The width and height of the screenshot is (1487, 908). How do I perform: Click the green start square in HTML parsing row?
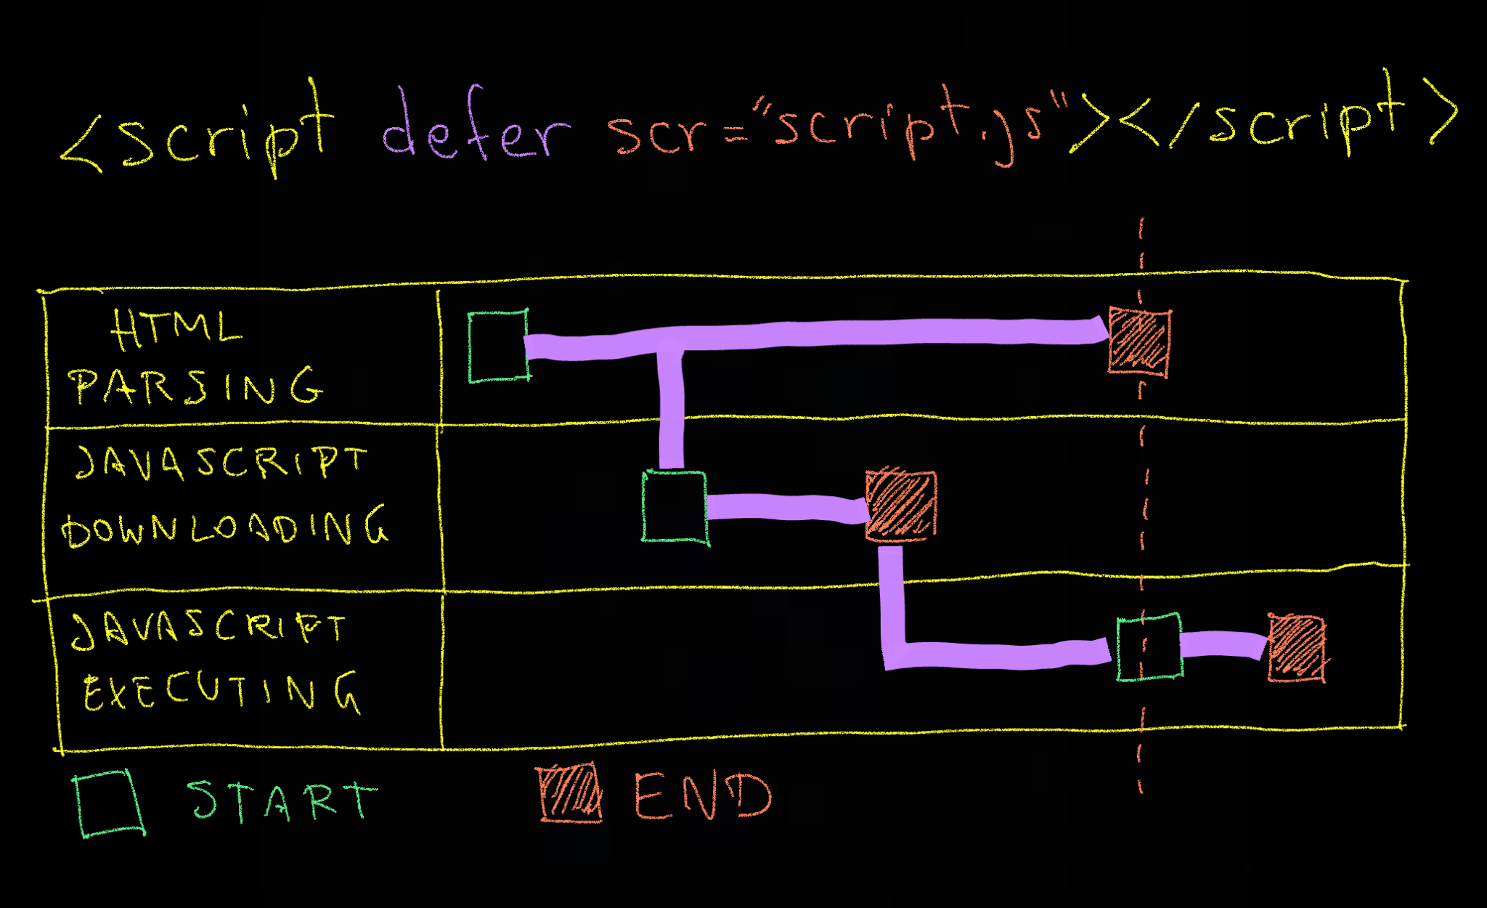click(x=498, y=346)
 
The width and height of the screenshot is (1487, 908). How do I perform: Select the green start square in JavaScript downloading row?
click(x=675, y=507)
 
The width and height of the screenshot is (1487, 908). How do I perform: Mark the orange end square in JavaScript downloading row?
click(x=900, y=506)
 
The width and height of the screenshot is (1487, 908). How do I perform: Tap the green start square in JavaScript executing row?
click(x=1149, y=647)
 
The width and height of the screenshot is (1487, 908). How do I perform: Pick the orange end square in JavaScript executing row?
click(x=1296, y=648)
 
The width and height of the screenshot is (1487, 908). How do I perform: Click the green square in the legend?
click(x=109, y=803)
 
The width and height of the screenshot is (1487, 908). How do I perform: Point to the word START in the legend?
click(x=282, y=801)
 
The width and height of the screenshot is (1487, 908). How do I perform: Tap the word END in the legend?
click(x=702, y=796)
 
